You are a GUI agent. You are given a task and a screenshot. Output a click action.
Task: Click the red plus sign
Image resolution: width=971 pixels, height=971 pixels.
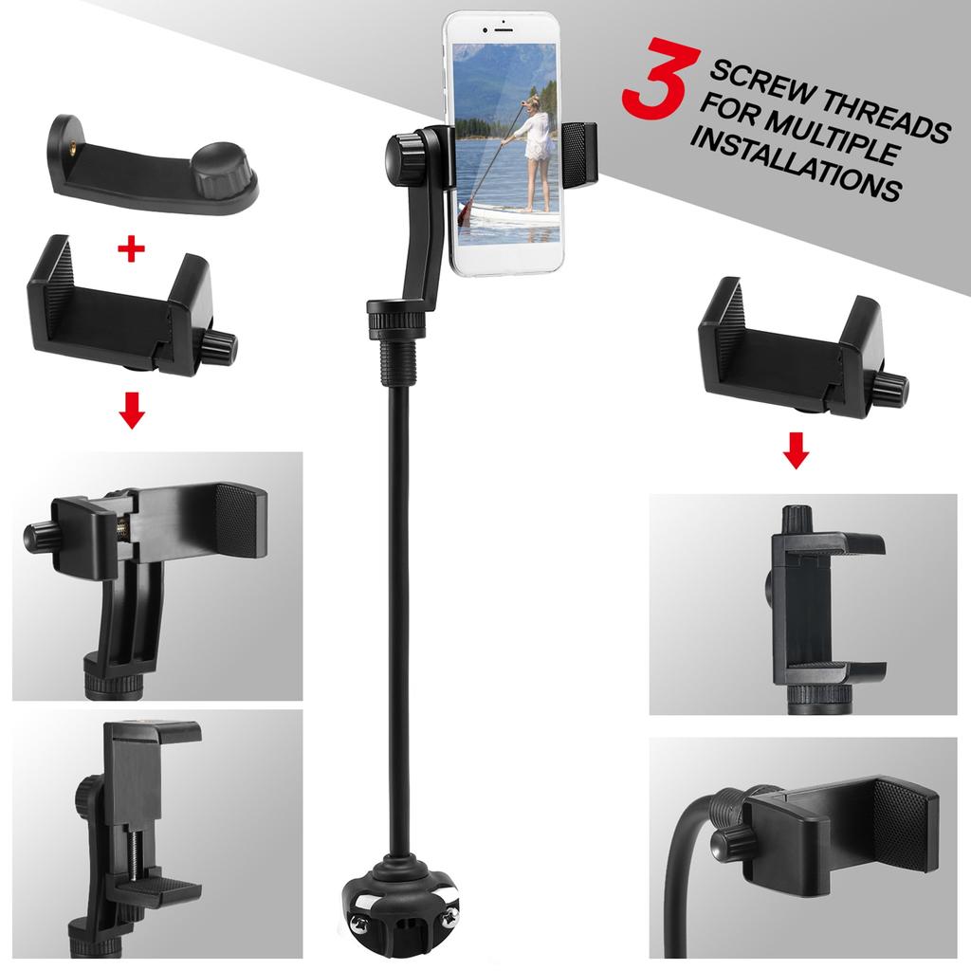pos(131,249)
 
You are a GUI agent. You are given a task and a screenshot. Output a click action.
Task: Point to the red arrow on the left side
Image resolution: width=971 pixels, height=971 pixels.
pos(133,412)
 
